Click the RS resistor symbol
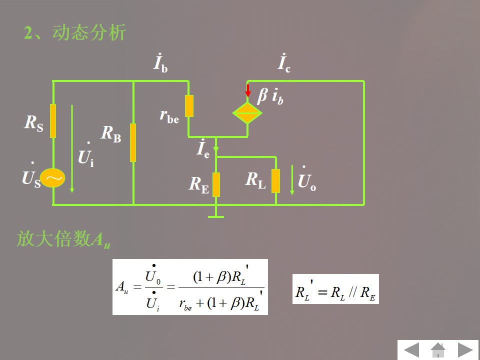[53, 121]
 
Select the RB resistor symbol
[133, 142]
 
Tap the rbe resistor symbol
[189, 106]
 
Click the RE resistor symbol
[216, 184]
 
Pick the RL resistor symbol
[275, 180]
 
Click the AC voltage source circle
[53, 178]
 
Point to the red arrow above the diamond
[247, 90]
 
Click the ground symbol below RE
[216, 216]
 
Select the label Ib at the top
[160, 63]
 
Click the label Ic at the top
[284, 63]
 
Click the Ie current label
[202, 149]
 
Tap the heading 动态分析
[75, 33]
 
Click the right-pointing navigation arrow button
[466, 350]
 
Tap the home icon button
[438, 349]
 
